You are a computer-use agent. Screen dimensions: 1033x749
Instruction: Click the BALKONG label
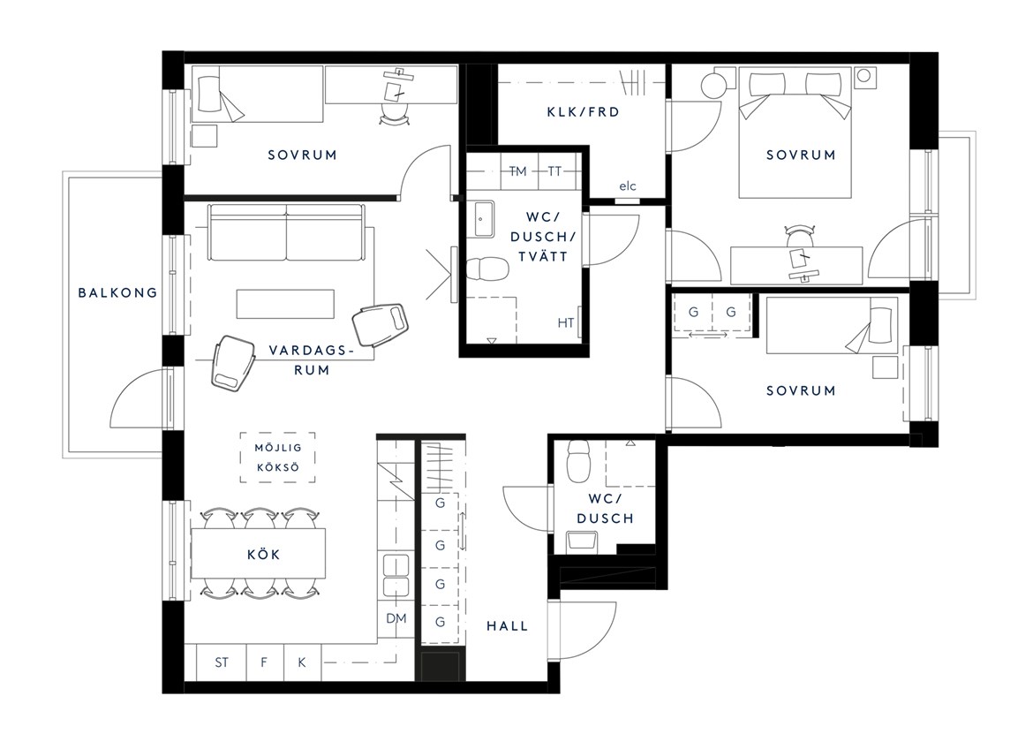pyautogui.click(x=118, y=292)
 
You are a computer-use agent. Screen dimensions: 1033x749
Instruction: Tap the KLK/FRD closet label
pyautogui.click(x=584, y=112)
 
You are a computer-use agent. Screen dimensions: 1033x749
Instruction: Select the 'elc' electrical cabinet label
pyautogui.click(x=628, y=186)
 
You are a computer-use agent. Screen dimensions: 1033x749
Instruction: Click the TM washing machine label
pyautogui.click(x=517, y=171)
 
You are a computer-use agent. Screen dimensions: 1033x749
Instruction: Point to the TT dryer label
pyautogui.click(x=555, y=171)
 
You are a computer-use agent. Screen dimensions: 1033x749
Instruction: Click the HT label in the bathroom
pyautogui.click(x=565, y=323)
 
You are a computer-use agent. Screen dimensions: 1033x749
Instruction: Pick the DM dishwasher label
pyautogui.click(x=396, y=618)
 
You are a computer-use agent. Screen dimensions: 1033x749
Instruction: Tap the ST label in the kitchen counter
pyautogui.click(x=222, y=662)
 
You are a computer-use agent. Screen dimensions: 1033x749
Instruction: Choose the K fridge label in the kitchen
pyautogui.click(x=302, y=662)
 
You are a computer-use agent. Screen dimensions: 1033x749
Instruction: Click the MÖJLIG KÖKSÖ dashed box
pyautogui.click(x=277, y=458)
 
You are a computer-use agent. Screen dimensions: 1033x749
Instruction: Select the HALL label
pyautogui.click(x=508, y=626)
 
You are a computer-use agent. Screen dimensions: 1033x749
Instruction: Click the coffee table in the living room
pyautogui.click(x=285, y=304)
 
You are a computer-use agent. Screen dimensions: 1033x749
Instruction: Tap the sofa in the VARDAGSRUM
pyautogui.click(x=287, y=232)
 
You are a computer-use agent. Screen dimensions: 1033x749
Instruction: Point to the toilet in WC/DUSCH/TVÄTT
pyautogui.click(x=487, y=269)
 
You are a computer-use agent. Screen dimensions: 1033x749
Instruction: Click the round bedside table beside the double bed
pyautogui.click(x=713, y=86)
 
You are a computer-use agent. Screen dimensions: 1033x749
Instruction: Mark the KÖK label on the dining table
pyautogui.click(x=263, y=556)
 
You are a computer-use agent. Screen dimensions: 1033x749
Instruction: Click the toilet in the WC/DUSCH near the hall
pyautogui.click(x=578, y=461)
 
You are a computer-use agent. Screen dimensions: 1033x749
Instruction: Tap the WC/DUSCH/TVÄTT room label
pyautogui.click(x=543, y=237)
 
